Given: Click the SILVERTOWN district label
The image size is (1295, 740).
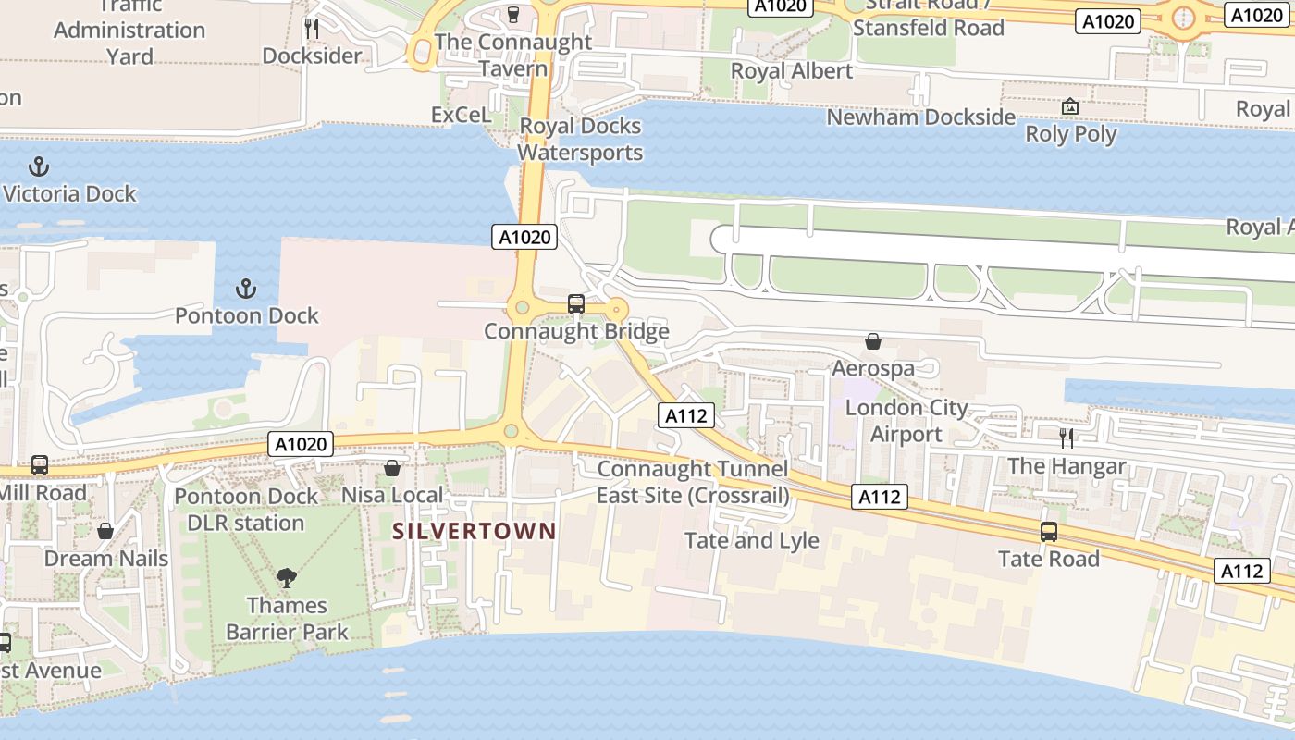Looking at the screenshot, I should [474, 531].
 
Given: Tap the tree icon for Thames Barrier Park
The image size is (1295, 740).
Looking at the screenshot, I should [287, 578].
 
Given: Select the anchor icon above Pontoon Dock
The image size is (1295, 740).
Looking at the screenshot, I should [246, 289].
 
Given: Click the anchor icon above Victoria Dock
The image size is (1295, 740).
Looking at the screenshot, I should [39, 167].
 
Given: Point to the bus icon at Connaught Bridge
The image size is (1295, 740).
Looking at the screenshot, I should [575, 303].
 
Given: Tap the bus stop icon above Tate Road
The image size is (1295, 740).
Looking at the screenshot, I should [1048, 532].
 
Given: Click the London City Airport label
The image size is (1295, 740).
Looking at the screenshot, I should [906, 421].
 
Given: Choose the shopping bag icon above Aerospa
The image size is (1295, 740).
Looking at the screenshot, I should [872, 341].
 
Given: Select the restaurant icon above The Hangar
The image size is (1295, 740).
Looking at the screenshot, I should [1067, 438].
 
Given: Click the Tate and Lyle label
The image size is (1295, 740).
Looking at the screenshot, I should [751, 540].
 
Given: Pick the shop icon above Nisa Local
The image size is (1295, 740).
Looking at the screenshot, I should [392, 468].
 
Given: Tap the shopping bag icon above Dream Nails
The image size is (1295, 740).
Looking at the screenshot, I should [105, 531].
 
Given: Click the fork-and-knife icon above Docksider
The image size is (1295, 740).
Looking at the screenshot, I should [312, 29].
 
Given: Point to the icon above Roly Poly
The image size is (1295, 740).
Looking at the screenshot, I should [1070, 106].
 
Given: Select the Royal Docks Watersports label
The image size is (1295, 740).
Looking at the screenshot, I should [580, 139].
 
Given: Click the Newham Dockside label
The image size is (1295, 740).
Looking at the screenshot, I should [920, 117].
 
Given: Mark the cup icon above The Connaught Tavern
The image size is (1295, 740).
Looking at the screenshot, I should [513, 15].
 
